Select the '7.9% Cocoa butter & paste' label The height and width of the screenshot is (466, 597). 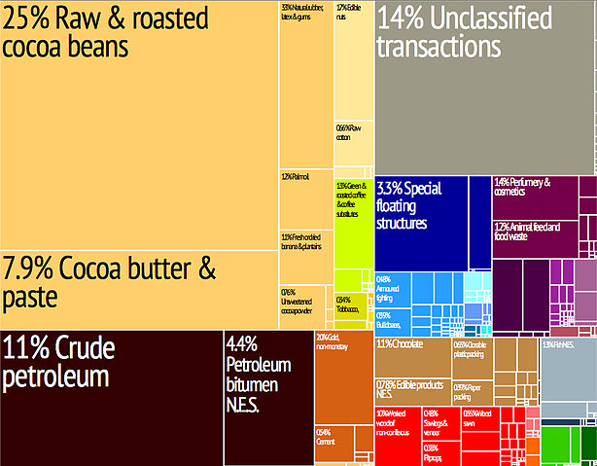(x=109, y=281)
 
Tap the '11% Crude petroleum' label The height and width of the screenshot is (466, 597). (x=58, y=361)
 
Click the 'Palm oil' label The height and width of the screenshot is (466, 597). (x=296, y=177)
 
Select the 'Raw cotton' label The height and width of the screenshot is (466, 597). (x=350, y=132)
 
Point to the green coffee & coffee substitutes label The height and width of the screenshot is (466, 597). (x=352, y=199)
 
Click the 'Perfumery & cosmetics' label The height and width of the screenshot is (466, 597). (x=523, y=187)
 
